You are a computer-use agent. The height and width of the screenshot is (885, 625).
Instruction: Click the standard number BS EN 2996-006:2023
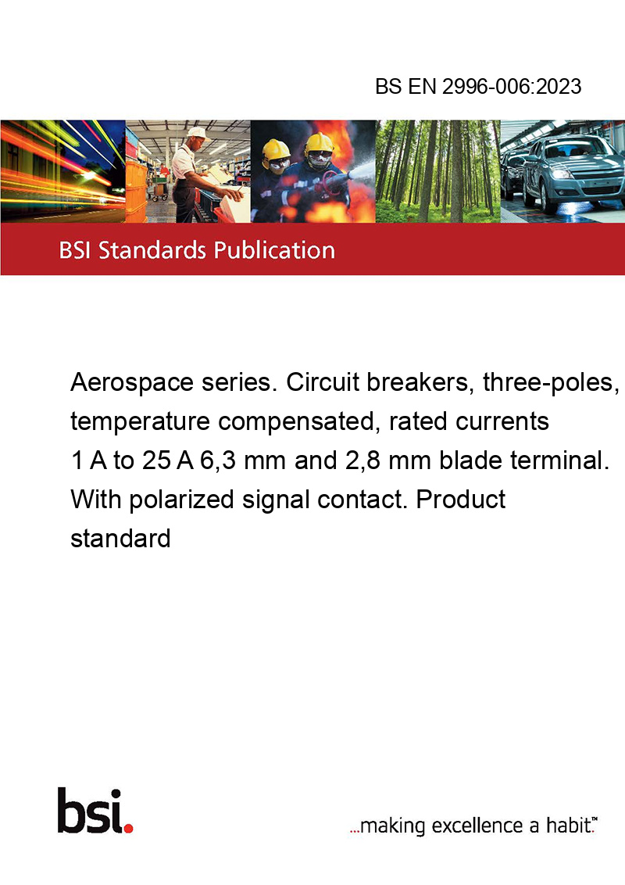478,86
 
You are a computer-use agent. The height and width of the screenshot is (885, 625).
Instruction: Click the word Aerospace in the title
131,382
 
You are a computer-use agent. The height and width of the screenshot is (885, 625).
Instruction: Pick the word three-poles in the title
551,382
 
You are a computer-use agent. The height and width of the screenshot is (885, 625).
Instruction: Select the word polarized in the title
181,500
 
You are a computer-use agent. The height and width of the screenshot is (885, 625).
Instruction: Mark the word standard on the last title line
120,539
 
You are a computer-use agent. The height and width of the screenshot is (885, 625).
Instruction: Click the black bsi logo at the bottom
90,811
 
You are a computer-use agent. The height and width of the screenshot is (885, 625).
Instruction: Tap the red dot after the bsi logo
128,828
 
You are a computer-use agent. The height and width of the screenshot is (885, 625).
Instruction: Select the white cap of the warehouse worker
197,133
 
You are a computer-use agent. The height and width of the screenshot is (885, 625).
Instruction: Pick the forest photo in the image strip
437,171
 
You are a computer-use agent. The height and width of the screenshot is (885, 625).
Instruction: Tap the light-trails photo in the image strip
62,171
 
